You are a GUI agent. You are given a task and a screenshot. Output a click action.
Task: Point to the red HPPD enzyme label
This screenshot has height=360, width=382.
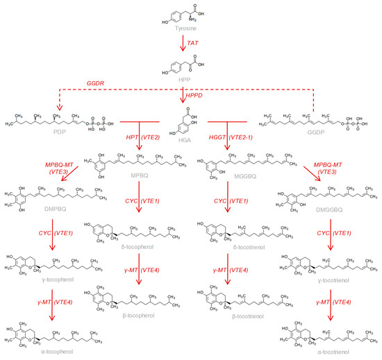[x=202, y=96]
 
